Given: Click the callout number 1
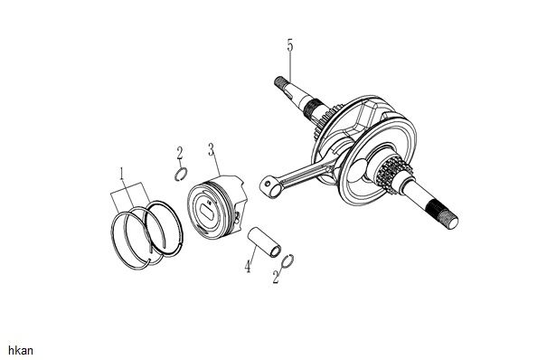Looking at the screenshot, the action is coord(122,174).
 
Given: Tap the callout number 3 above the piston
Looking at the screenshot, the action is coord(212,149).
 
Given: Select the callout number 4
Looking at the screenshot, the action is coord(248,266).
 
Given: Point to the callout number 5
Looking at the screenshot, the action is coord(290,45).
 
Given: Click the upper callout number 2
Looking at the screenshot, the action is coord(180,154).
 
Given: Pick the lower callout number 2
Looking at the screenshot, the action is coord(277,277).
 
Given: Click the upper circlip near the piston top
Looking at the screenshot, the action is coord(181,175).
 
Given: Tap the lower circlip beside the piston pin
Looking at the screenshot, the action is coord(287,261).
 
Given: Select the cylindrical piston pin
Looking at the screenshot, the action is coord(264,242).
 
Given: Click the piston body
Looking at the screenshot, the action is coord(216,207).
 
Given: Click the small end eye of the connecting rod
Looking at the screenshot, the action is coord(269,187).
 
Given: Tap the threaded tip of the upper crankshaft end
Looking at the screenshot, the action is coord(280,82).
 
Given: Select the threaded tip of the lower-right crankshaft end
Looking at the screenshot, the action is coord(444,215).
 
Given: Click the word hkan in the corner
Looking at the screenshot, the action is coord(21,351).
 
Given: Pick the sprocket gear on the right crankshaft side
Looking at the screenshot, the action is coord(393,174).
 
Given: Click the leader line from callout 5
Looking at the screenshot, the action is coord(290,67).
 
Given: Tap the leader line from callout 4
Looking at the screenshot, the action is coord(252,253).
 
